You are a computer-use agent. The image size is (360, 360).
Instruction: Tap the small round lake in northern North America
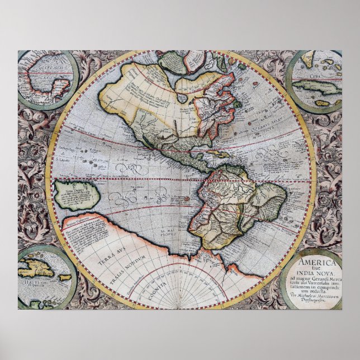(x=182, y=97)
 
